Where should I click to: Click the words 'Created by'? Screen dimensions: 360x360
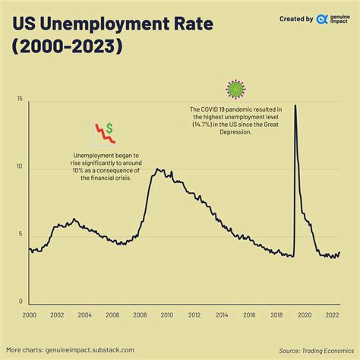296,19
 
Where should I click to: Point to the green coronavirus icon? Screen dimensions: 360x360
237,89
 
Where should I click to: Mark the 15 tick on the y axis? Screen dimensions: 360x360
20,99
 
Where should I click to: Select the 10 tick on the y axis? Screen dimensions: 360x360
20,167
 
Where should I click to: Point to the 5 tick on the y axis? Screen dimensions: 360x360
21,235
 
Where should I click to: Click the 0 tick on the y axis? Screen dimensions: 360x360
21,302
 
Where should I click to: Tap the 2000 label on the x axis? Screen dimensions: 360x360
29,314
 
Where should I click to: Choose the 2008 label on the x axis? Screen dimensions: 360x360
139,314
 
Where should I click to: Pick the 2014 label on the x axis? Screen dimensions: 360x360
221,314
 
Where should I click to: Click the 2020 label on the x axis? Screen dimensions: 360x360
303,314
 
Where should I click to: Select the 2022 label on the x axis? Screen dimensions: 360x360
331,314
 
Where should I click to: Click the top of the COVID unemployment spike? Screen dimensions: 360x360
295,106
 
